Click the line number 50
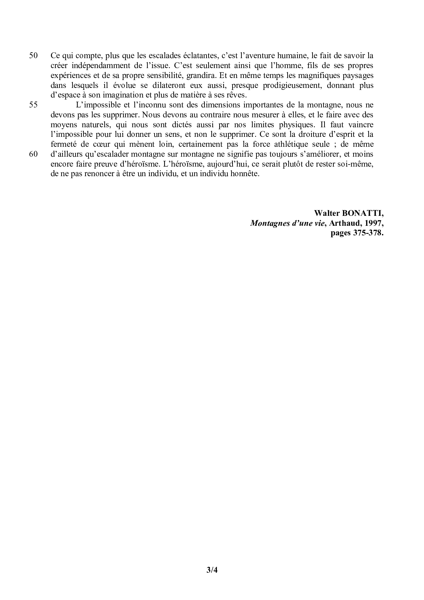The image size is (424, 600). click(33, 56)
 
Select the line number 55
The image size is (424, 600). click(33, 105)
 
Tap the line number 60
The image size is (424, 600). click(33, 154)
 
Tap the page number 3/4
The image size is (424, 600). click(212, 570)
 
